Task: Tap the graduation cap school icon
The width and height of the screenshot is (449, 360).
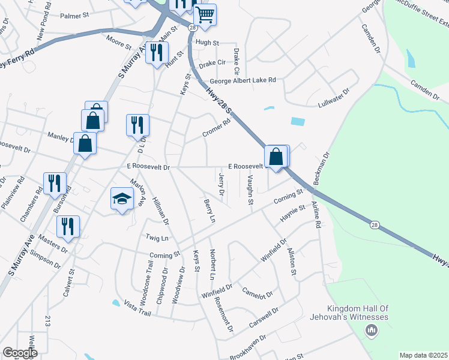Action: tap(122, 199)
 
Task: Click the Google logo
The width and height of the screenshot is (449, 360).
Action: tap(20, 353)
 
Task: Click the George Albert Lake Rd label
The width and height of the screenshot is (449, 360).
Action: tap(243, 80)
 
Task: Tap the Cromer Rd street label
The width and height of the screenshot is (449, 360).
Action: tap(216, 128)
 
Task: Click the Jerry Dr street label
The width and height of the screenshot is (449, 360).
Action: tap(221, 185)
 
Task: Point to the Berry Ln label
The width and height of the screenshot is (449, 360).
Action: tap(209, 212)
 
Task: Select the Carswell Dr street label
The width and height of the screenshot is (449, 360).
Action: tap(265, 317)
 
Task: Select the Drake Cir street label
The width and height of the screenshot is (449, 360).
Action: tap(212, 62)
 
